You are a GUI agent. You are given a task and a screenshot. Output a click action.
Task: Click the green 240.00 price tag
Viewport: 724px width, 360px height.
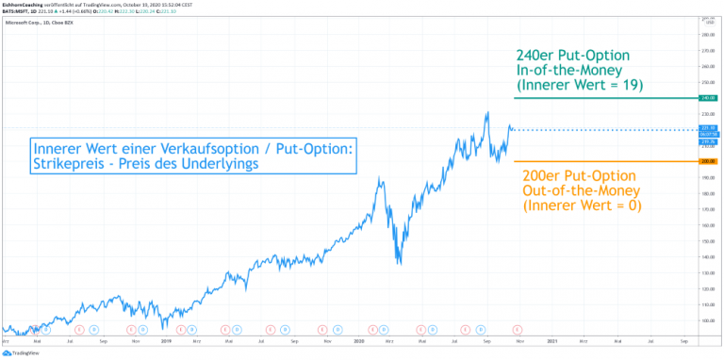coord(708,98)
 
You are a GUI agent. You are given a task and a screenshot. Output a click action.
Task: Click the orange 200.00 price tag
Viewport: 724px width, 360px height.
coord(708,162)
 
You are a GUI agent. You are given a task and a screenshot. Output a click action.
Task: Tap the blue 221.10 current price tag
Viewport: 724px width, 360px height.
coord(708,128)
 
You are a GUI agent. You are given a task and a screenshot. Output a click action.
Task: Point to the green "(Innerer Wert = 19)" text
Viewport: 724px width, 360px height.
coord(579,85)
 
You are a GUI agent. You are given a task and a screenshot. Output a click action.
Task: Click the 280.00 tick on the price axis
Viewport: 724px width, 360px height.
coord(708,35)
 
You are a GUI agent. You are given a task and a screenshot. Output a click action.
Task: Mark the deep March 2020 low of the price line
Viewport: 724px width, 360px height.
coord(400,264)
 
